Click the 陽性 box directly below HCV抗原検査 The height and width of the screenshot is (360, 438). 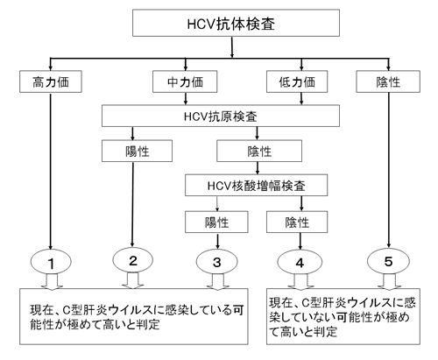click(x=138, y=152)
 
